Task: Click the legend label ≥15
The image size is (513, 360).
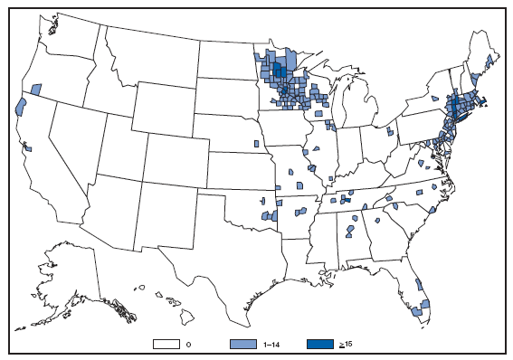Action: (347, 345)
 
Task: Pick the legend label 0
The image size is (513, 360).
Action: (188, 345)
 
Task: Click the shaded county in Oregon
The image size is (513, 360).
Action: (36, 89)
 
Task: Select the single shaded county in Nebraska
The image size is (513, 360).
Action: (256, 143)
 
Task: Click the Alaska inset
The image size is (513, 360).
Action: (77, 280)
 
